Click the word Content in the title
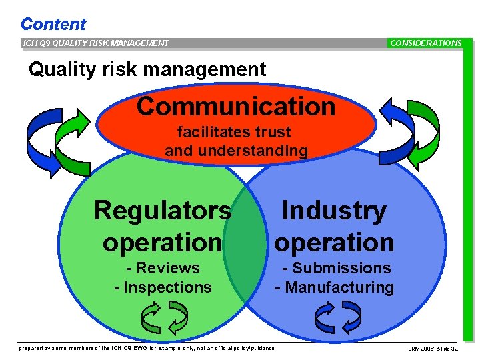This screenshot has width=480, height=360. pos(53,25)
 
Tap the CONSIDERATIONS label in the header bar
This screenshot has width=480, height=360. pos(425,43)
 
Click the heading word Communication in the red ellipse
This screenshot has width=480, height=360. pos(236,107)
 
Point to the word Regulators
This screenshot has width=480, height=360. pos(163,211)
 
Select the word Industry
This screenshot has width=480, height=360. pos(334,211)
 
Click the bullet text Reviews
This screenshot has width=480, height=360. pos(167,268)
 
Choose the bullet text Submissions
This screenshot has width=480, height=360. pos(341,268)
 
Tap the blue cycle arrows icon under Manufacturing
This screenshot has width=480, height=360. pos(337,317)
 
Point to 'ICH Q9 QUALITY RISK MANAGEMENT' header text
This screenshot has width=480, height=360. pos(96,43)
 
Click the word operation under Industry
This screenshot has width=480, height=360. pos(334,242)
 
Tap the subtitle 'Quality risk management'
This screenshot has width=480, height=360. pos(147,69)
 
